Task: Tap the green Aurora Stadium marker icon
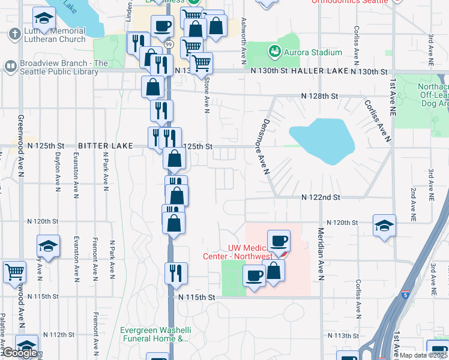[x=275, y=52]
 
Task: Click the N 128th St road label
[x=320, y=96]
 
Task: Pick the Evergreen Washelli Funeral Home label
[x=155, y=334]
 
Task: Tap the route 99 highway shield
[x=169, y=44]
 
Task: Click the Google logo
[x=20, y=353]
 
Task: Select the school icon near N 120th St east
[x=384, y=226]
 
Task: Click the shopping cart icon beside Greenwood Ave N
[x=14, y=271]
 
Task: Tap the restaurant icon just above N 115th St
[x=176, y=273]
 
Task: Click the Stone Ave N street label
[x=207, y=91]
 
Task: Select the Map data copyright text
[x=424, y=355]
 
